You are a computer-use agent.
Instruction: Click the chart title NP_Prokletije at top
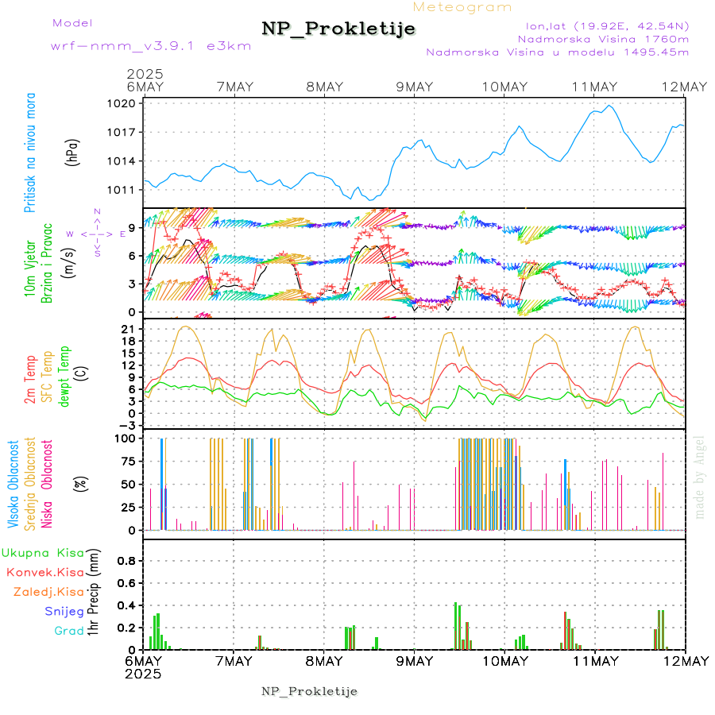338,29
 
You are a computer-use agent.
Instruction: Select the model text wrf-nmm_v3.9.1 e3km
151,45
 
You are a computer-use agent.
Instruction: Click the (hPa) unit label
72,153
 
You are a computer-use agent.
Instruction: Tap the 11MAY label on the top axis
595,87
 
